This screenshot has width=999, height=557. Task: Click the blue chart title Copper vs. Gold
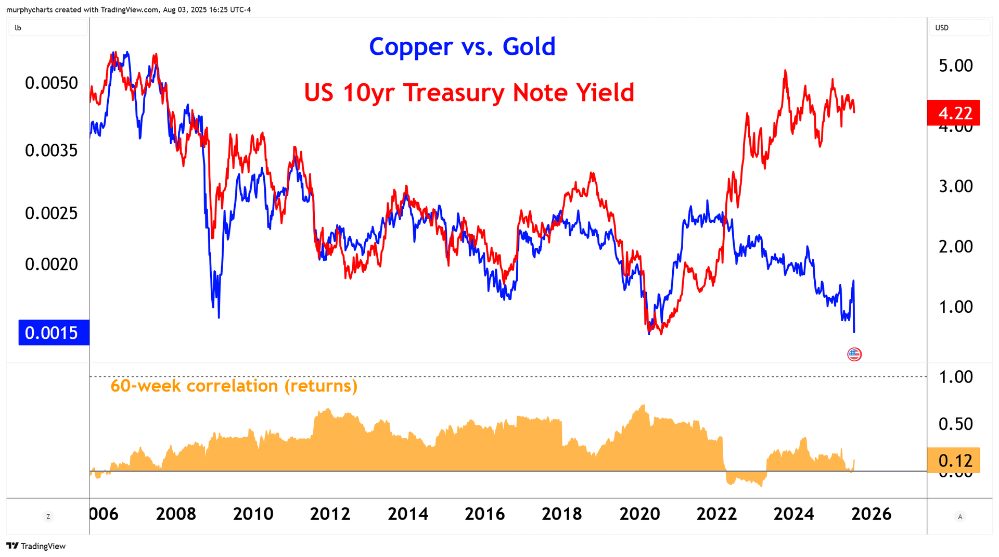(x=462, y=47)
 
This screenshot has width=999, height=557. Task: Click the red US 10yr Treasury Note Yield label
(x=469, y=93)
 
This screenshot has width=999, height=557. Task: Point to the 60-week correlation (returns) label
(x=234, y=386)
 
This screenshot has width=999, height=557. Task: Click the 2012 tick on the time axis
(x=330, y=514)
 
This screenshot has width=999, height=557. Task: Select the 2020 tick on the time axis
(x=639, y=514)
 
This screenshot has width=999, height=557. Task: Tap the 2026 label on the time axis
(x=871, y=514)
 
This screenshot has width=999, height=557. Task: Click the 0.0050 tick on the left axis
(x=51, y=83)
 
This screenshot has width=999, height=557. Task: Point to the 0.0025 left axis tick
(x=51, y=213)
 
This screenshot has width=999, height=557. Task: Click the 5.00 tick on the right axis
(x=955, y=66)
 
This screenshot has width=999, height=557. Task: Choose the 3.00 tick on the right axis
(x=955, y=186)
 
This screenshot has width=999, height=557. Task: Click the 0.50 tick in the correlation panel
(x=955, y=424)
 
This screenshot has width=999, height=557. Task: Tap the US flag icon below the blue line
(x=854, y=355)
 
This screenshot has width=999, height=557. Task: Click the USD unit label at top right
(x=942, y=28)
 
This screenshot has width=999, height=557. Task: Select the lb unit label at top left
(x=18, y=28)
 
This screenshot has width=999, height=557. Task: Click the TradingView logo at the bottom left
(x=36, y=546)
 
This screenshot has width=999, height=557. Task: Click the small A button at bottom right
(x=960, y=516)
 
